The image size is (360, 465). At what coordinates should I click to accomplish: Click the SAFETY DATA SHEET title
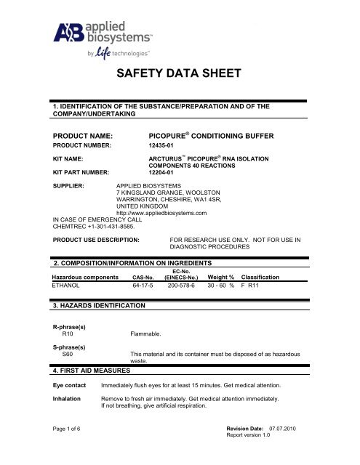[179, 75]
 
